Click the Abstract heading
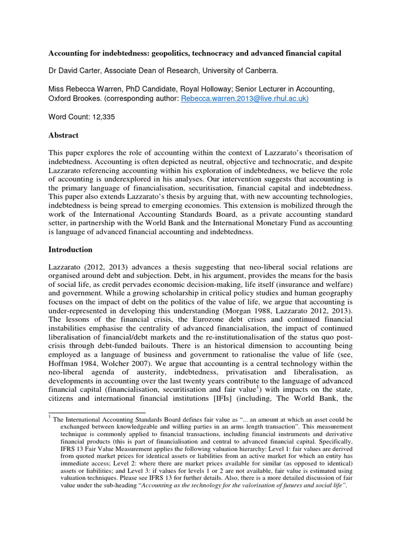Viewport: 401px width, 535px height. pyautogui.click(x=63, y=135)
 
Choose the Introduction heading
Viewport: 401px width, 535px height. pyautogui.click(x=70, y=249)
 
